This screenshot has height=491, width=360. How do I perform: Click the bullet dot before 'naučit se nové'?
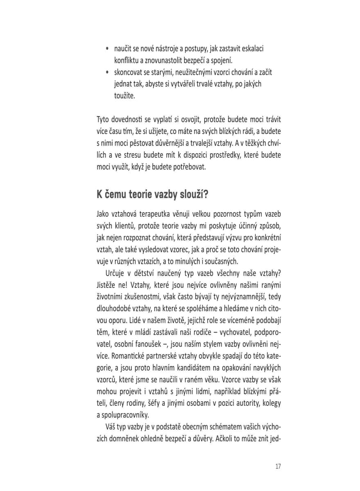(x=107, y=49)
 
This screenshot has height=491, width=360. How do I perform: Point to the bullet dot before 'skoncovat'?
(x=107, y=72)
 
